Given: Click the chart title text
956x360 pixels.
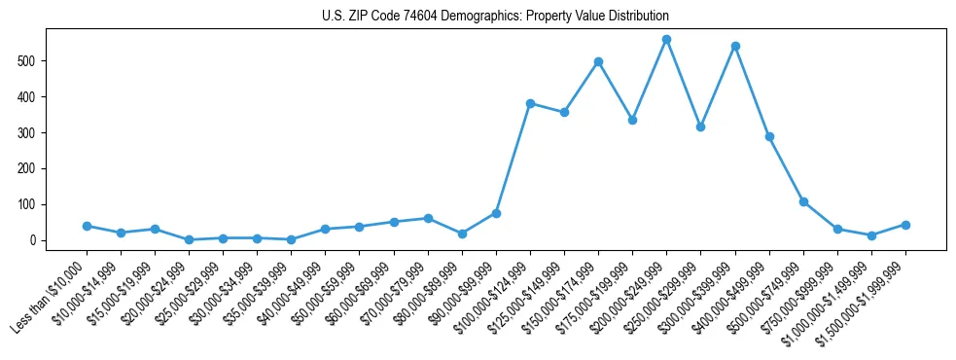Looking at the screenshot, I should tap(495, 16).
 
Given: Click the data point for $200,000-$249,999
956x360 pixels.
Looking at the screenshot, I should tap(666, 40).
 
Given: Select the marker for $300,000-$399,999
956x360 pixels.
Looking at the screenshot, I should tap(735, 46).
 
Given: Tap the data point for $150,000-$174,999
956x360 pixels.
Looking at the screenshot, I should tap(598, 61).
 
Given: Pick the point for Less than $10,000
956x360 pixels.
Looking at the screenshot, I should tap(87, 226).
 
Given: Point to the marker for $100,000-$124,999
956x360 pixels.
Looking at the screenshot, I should tap(530, 103).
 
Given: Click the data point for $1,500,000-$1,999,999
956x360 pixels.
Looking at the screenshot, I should tap(905, 225).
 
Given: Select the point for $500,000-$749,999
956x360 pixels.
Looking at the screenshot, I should tap(803, 201).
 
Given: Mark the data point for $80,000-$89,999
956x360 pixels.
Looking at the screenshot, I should tap(462, 234).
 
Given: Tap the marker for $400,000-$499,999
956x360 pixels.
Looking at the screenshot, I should tap(769, 137).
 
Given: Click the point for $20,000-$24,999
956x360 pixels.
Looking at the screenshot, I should tap(189, 239).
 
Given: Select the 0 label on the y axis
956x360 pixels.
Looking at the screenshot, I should tap(35, 240).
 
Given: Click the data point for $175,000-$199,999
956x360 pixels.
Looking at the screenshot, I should tap(632, 120).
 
